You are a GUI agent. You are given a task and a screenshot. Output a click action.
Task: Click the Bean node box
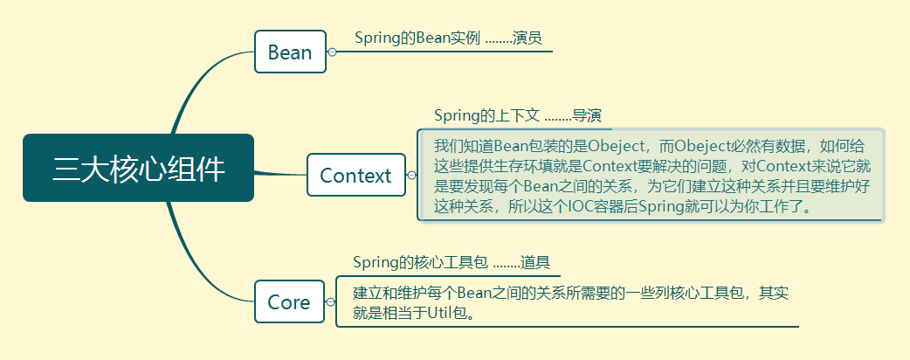[290, 52]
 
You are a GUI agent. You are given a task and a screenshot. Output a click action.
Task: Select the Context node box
[355, 175]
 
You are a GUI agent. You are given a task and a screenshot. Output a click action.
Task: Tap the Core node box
[289, 302]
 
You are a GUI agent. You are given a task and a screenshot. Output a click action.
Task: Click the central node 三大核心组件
[138, 169]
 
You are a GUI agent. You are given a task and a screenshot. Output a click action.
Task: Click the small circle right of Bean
[332, 52]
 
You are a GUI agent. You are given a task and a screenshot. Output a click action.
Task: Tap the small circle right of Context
[411, 176]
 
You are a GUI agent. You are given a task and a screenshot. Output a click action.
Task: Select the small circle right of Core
[330, 302]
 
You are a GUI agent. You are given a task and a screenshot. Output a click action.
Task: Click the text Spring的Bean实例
[417, 38]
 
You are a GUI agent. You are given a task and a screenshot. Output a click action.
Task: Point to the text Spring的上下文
[486, 115]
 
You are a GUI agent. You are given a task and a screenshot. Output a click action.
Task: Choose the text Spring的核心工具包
[420, 262]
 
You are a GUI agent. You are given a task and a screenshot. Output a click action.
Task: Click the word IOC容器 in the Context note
[597, 207]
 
